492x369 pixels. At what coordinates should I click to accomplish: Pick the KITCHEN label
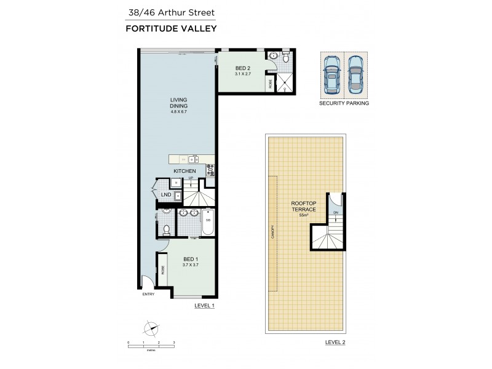coord(184,170)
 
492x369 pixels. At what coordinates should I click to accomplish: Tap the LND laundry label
coord(166,196)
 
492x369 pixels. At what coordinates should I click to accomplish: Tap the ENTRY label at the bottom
coord(148,294)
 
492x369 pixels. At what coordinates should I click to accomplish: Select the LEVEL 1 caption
coord(204,306)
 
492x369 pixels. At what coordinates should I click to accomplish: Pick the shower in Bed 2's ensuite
coord(284,81)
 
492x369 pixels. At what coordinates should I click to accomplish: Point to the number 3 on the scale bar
coord(174,341)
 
